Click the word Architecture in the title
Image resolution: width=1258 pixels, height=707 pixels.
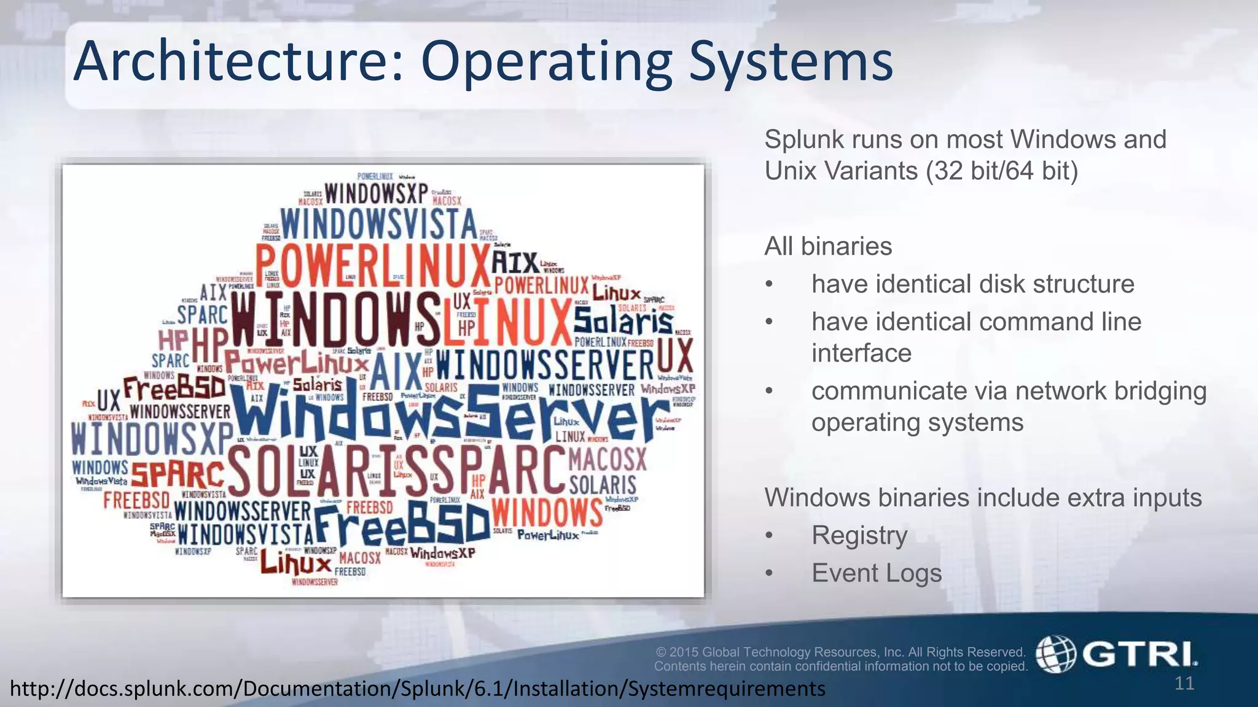[x=236, y=61]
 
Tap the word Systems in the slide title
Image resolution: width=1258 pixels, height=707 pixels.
[x=791, y=63]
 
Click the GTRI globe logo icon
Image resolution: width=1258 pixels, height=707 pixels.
[x=1055, y=654]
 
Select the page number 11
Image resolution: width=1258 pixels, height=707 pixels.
[x=1184, y=683]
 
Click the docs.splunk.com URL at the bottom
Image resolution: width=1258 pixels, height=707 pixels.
[x=418, y=689]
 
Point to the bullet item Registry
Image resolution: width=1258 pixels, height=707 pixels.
[x=859, y=535]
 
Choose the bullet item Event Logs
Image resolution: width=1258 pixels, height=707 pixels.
[x=876, y=573]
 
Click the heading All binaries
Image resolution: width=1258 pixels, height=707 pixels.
[x=827, y=247]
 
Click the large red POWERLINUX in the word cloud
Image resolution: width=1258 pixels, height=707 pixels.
[x=372, y=266]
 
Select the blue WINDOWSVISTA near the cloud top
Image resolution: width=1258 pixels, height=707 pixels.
[x=378, y=224]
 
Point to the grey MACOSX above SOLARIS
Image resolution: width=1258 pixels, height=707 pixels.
[x=608, y=458]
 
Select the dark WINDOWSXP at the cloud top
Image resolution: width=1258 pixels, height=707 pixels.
[x=376, y=193]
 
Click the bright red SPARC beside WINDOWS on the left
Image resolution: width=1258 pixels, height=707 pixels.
[x=178, y=474]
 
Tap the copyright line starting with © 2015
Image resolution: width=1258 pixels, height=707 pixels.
[x=840, y=652]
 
